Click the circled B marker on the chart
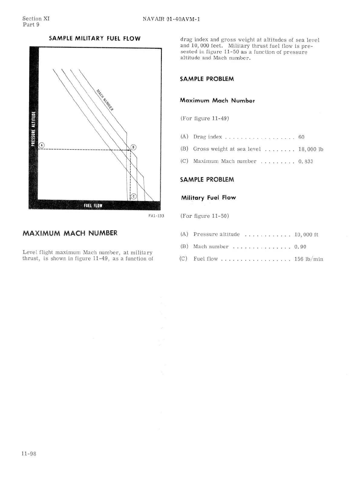click(x=133, y=147)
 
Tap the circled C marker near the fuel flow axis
click(x=134, y=196)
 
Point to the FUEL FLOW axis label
click(x=93, y=206)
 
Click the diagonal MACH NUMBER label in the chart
click(x=105, y=100)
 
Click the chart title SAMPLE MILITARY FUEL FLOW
click(x=95, y=38)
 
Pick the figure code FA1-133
click(x=156, y=216)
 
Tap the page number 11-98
click(x=29, y=454)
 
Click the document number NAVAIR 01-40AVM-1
click(x=172, y=19)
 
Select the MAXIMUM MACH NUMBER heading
click(x=70, y=233)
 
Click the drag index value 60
click(x=301, y=137)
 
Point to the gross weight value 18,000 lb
click(x=311, y=149)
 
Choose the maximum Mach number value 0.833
click(x=306, y=161)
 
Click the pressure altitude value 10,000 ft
click(x=306, y=235)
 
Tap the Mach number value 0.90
click(x=300, y=247)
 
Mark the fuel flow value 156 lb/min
click(x=309, y=259)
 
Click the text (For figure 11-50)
click(x=205, y=216)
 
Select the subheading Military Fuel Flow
click(x=208, y=198)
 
